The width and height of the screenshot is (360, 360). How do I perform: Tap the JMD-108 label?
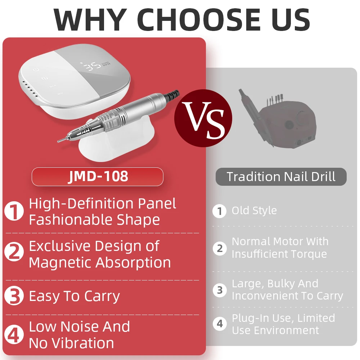98,177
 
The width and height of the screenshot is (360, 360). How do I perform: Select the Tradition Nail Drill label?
281,177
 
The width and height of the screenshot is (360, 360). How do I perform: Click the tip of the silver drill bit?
58,141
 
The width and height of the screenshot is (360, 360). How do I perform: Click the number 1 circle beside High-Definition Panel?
14,211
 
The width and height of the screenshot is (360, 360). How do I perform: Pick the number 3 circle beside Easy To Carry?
14,296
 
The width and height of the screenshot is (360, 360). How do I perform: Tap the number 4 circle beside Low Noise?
14,335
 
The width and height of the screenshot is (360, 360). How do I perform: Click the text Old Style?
254,211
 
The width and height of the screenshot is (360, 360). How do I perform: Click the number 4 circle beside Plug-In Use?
220,324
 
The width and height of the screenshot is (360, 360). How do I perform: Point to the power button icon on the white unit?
36,69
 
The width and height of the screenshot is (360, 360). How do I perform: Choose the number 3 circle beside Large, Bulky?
220,290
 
